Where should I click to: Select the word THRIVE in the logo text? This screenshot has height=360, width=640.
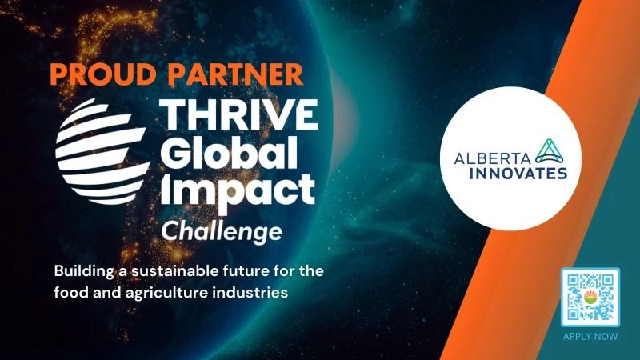tap(241, 119)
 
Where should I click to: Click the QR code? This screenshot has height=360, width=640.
tap(590, 297)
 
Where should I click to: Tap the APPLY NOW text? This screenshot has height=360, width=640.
tap(590, 336)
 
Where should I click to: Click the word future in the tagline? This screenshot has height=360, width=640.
tap(243, 270)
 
